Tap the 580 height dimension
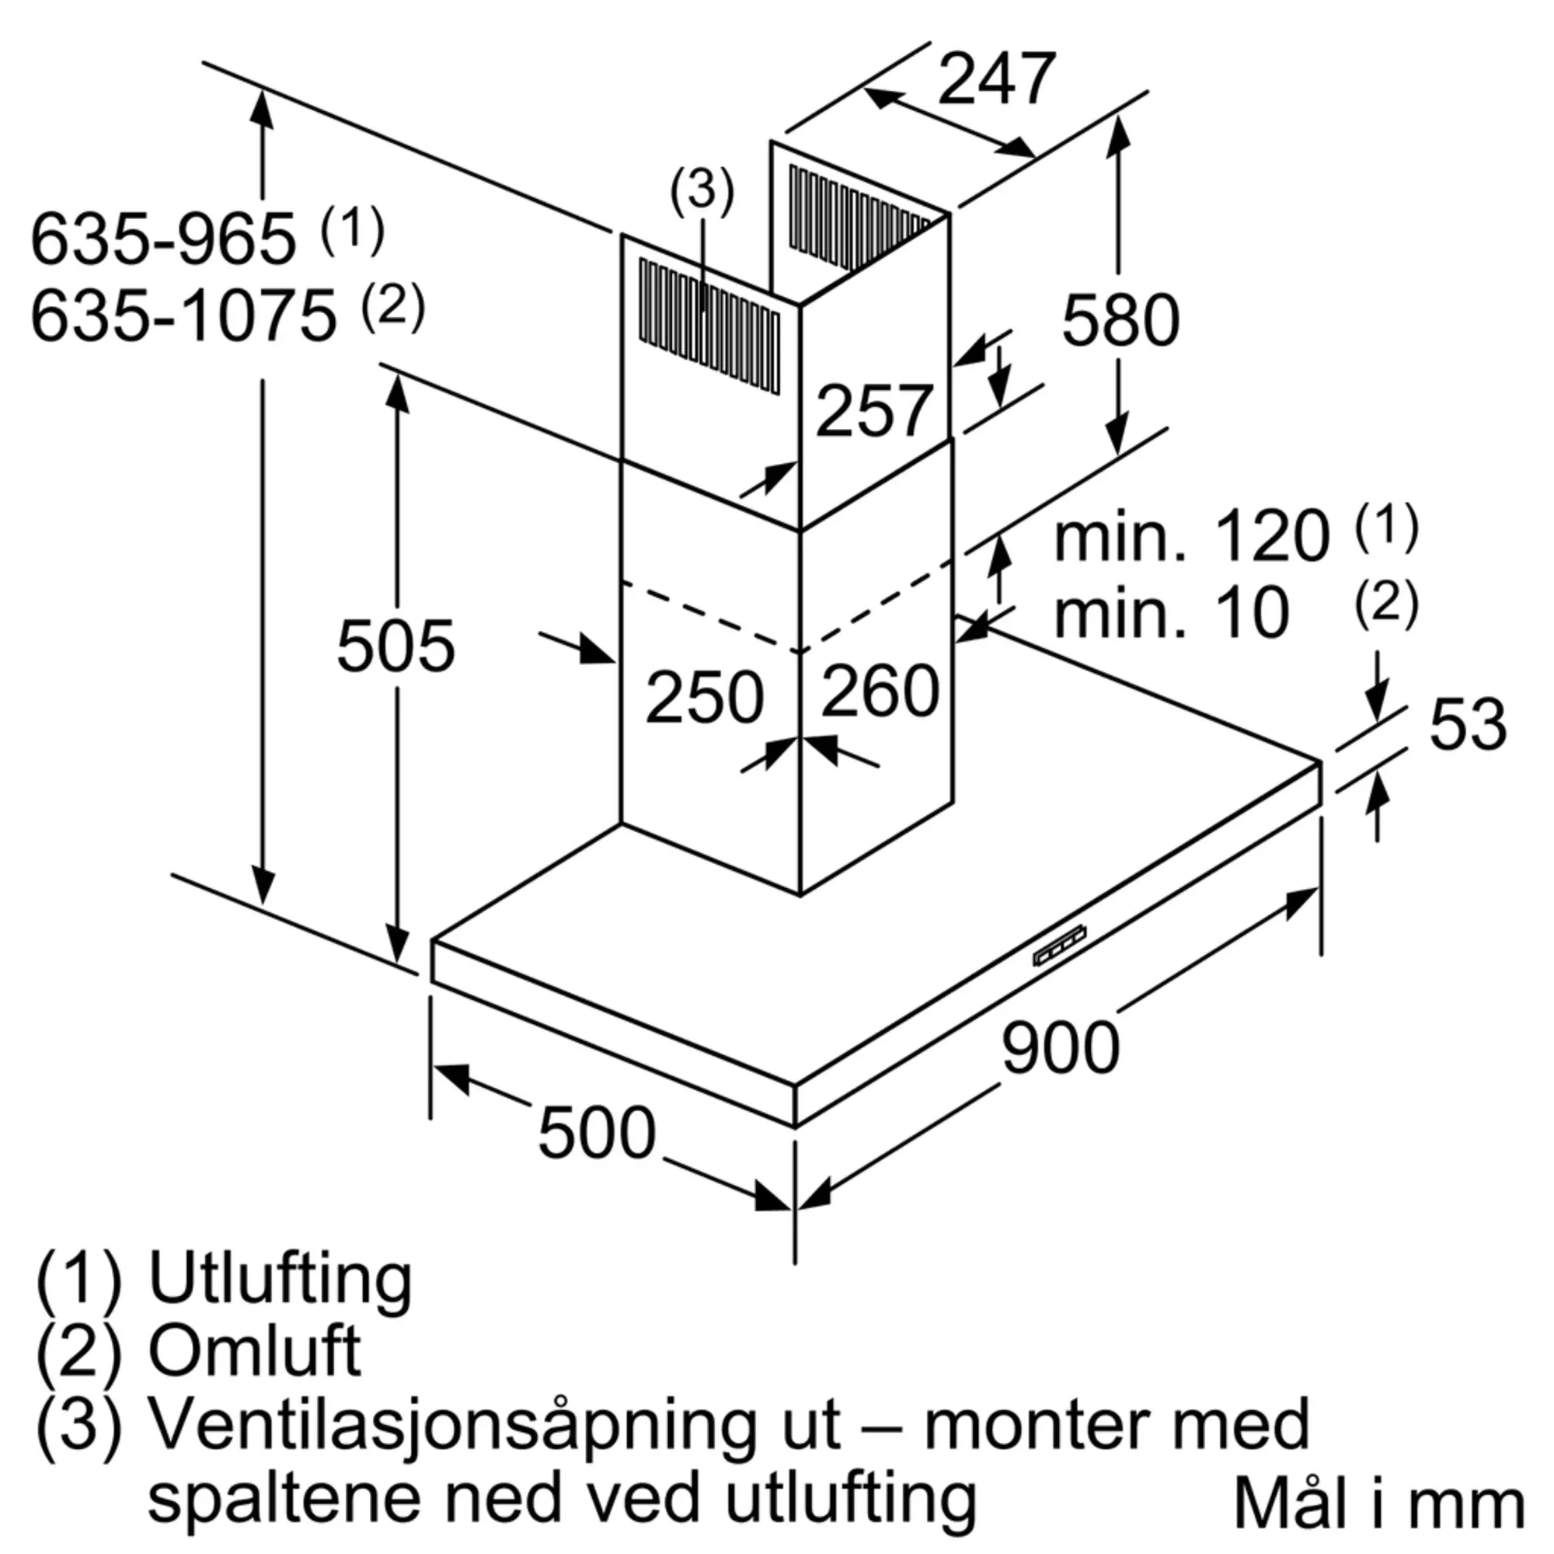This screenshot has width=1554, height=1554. [1120, 320]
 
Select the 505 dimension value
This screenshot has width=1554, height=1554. [395, 646]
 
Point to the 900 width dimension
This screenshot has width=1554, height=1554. [1060, 1047]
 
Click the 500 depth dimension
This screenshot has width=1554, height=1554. [597, 1133]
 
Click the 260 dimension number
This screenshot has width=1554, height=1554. [880, 690]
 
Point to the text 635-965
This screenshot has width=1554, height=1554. [164, 239]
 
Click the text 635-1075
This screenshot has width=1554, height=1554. [183, 316]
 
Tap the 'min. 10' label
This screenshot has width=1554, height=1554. [1172, 614]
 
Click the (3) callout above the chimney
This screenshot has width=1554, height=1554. [702, 190]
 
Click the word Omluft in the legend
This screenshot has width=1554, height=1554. [254, 1351]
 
